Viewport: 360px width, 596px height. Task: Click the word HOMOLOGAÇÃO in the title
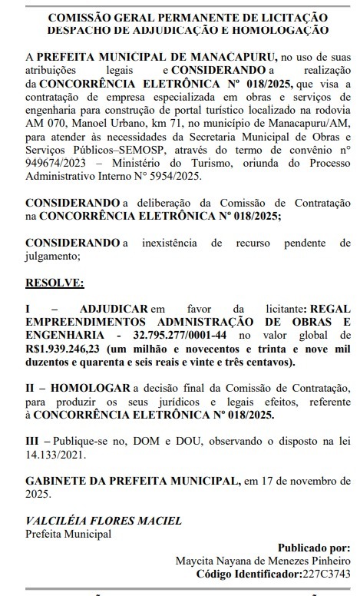(285, 29)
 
